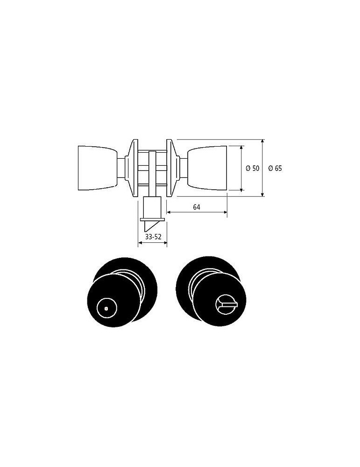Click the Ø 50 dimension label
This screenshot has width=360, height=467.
253,168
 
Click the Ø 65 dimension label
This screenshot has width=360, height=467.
275,168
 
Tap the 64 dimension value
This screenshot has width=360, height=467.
197,207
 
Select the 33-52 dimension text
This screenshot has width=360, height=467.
153,237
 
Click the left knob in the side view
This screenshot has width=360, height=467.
98,168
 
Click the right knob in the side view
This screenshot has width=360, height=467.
207,168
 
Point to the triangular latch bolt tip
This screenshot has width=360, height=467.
149,226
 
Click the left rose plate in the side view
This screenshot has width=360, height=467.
132,168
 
